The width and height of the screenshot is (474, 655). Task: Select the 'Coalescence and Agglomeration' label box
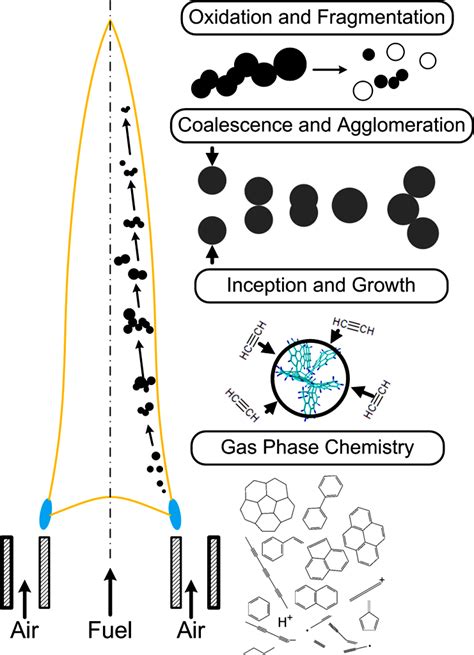click(x=321, y=126)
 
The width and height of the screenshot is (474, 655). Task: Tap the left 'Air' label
click(x=26, y=631)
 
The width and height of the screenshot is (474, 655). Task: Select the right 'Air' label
click(x=193, y=631)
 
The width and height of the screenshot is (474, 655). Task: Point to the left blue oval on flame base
click(x=46, y=513)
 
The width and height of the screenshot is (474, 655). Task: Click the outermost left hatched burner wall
click(x=7, y=572)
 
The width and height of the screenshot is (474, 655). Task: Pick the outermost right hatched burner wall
click(x=213, y=572)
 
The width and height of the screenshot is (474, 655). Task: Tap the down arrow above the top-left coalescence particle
click(x=210, y=156)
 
